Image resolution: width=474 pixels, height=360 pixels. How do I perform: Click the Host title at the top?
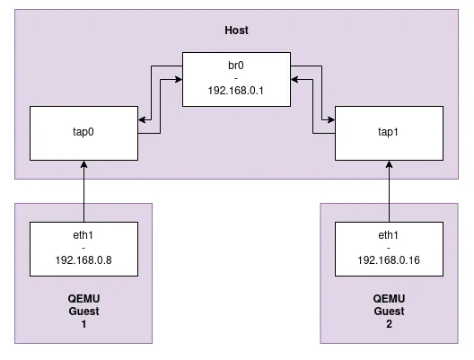tap(236, 31)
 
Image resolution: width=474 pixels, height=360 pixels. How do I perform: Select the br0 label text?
tap(236, 65)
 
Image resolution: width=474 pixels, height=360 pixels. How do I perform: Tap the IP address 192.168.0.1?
tap(236, 91)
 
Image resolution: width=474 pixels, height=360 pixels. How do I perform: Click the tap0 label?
tap(83, 130)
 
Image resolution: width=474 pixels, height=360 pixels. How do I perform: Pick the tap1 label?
tap(389, 130)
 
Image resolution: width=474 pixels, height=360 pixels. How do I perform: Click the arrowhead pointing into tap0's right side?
tap(142, 119)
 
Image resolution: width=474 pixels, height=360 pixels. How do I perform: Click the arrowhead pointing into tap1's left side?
tap(329, 119)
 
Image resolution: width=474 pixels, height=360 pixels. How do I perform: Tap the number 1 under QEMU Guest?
tap(83, 325)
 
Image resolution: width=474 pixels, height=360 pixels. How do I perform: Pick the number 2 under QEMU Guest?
tap(389, 325)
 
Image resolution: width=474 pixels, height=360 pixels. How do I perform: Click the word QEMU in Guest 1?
tap(83, 299)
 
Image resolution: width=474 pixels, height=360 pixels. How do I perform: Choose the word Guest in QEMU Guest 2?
tap(389, 312)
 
